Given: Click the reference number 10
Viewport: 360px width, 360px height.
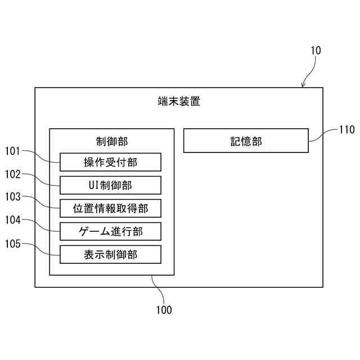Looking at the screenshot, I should (x=316, y=51).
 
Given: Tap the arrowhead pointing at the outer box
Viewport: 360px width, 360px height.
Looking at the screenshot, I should (x=304, y=85).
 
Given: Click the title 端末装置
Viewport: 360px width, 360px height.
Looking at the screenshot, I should (x=179, y=102).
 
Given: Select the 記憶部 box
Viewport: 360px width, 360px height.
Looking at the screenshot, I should (x=246, y=141).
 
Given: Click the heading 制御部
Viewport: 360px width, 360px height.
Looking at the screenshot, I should (x=111, y=141).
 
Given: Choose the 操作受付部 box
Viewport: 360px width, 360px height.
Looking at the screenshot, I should (x=111, y=163).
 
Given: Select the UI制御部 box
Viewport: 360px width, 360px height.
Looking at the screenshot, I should (x=111, y=185).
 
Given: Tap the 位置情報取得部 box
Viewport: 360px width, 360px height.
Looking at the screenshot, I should (x=111, y=208).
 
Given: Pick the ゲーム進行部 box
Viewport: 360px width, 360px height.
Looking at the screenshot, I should (x=111, y=231).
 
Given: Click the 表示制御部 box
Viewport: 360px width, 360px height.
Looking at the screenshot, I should (x=111, y=254).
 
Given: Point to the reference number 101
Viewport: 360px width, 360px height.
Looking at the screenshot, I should (x=13, y=151).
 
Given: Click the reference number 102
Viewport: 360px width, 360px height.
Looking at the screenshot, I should (x=13, y=174).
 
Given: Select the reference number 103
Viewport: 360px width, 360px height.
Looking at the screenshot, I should (x=13, y=197).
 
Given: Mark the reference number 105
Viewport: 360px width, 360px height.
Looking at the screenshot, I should (x=13, y=244).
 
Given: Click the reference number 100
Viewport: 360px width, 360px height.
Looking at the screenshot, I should (x=164, y=309).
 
